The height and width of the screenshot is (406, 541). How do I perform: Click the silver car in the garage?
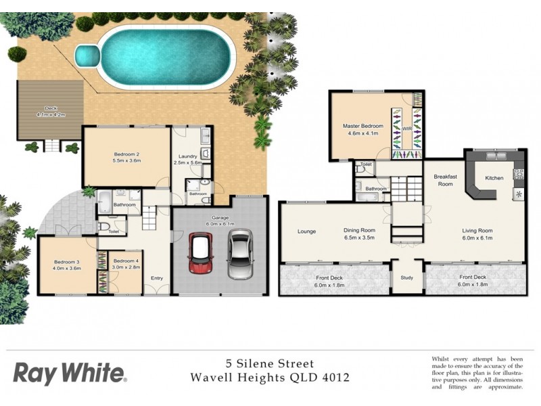point(239,255)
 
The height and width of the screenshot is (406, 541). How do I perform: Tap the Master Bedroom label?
point(363,126)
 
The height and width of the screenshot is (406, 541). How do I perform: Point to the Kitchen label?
point(494,178)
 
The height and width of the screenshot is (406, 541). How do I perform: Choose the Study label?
point(407,277)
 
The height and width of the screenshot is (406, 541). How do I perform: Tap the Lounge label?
point(306,231)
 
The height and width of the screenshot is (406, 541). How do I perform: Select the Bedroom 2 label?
point(126,154)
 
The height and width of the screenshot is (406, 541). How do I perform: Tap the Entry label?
point(157,277)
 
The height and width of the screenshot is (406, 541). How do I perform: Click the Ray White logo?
point(70,373)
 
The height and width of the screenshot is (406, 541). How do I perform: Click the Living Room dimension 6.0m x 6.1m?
point(473,238)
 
